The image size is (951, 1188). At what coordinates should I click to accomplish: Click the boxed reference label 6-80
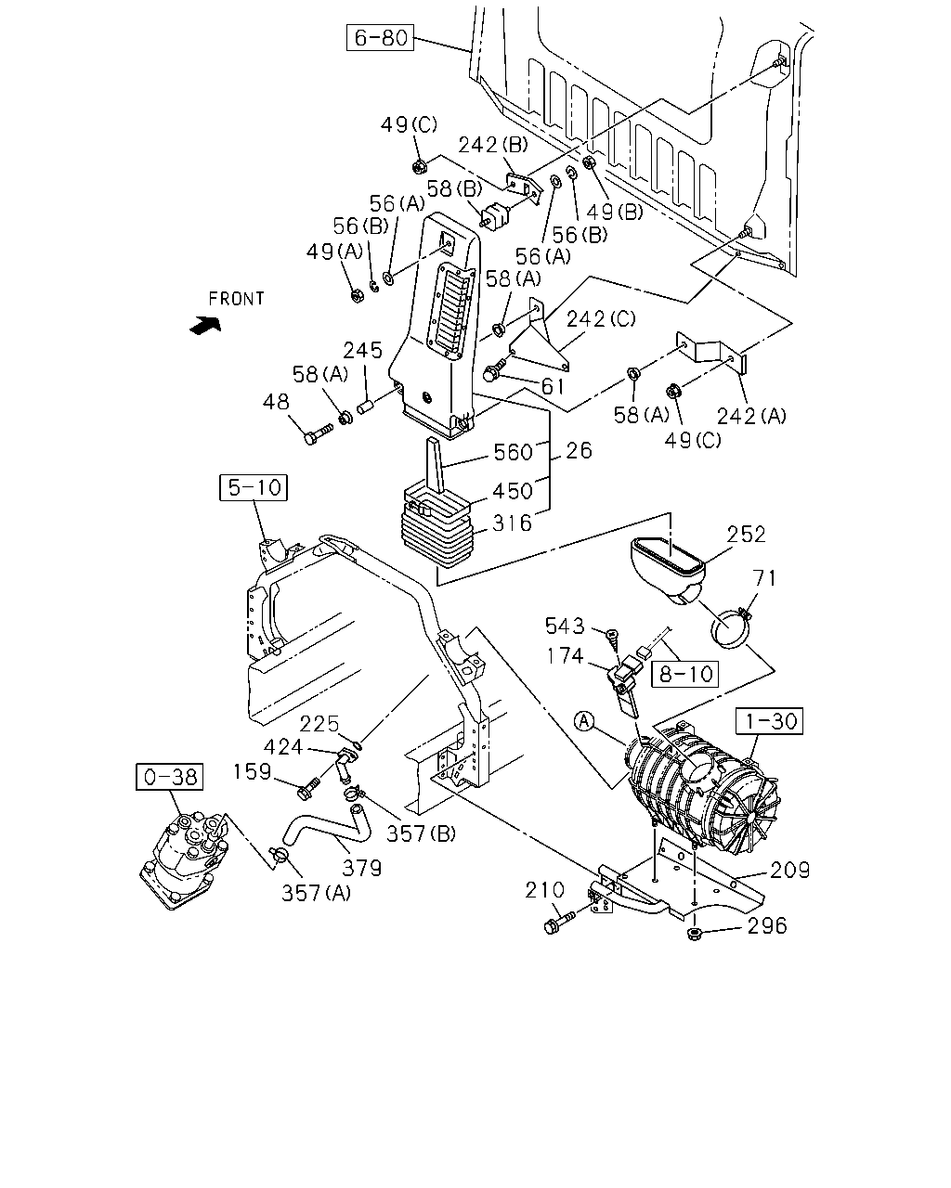pos(380,37)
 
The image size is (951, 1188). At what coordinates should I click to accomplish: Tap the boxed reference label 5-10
pos(254,487)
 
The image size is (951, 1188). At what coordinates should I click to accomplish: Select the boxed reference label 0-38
pos(170,777)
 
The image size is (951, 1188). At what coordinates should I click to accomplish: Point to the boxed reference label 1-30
pos(770,721)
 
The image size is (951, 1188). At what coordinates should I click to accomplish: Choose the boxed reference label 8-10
pos(685,674)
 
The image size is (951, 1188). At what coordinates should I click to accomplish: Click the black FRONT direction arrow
pos(205,325)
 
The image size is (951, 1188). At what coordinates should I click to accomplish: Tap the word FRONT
pos(236,299)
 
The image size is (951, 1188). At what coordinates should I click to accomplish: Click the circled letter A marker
pos(585,721)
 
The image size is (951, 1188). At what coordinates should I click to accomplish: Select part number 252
pos(746,535)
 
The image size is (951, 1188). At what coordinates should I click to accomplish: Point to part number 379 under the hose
pos(362,869)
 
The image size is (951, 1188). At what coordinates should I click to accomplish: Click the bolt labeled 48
pos(319,433)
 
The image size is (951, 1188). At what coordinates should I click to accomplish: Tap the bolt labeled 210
pos(559,923)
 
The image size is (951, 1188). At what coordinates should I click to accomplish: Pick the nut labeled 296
pos(694,934)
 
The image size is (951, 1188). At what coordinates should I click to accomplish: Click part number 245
pos(362,351)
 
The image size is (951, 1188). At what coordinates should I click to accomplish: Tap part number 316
pos(512,523)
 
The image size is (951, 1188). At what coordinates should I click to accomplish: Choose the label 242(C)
pos(601,319)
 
